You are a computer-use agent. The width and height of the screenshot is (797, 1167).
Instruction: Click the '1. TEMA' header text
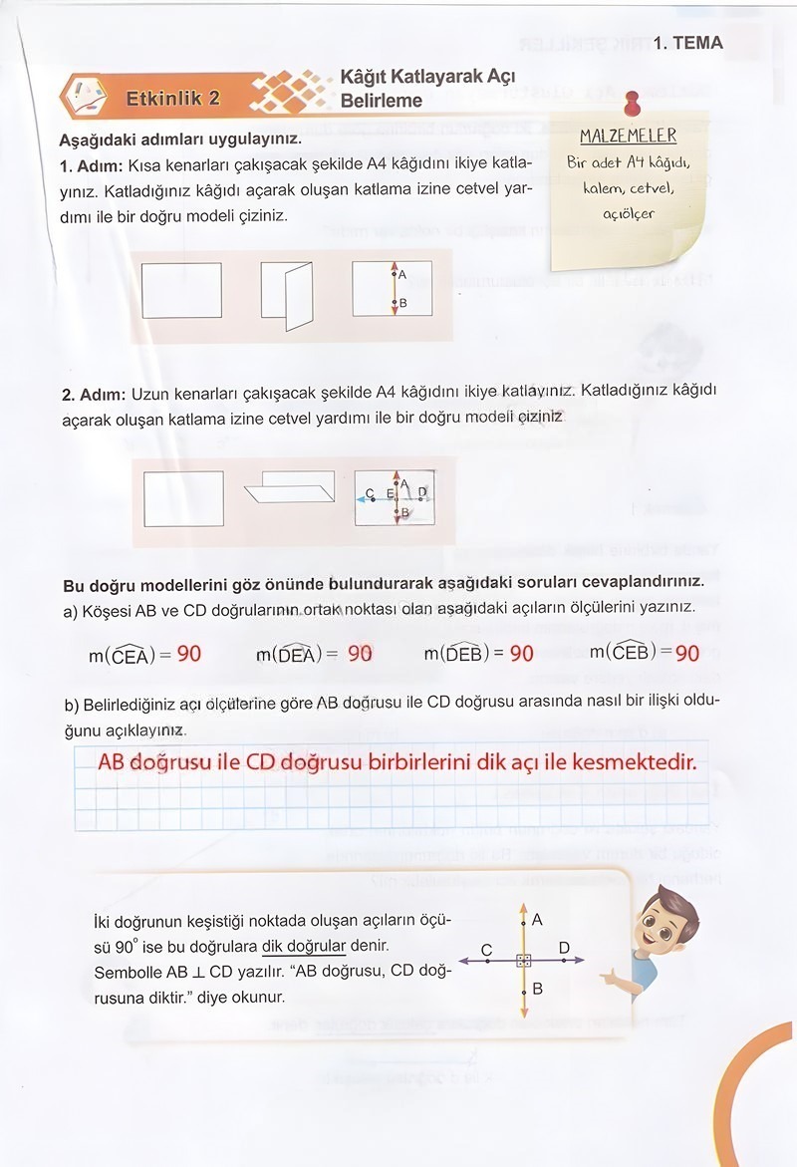(688, 43)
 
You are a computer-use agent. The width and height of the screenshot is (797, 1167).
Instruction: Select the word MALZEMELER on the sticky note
(628, 136)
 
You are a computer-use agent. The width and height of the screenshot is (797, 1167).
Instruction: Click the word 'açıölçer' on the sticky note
(629, 212)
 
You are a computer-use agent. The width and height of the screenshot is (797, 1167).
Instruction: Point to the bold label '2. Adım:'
(94, 395)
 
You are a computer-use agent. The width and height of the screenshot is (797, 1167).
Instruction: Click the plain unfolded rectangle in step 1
(181, 289)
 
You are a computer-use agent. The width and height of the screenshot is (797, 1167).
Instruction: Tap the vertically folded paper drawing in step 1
(287, 294)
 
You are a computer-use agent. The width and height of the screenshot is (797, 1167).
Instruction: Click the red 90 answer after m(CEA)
(188, 654)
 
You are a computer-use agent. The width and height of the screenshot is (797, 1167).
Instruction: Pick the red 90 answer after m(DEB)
(521, 654)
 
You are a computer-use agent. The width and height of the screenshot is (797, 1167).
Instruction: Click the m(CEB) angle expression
(628, 652)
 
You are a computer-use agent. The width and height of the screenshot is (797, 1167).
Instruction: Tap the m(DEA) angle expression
(292, 654)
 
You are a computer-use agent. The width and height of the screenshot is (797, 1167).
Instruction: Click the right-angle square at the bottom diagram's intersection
(524, 961)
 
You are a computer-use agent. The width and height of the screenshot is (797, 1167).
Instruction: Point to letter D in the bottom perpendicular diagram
(564, 947)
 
